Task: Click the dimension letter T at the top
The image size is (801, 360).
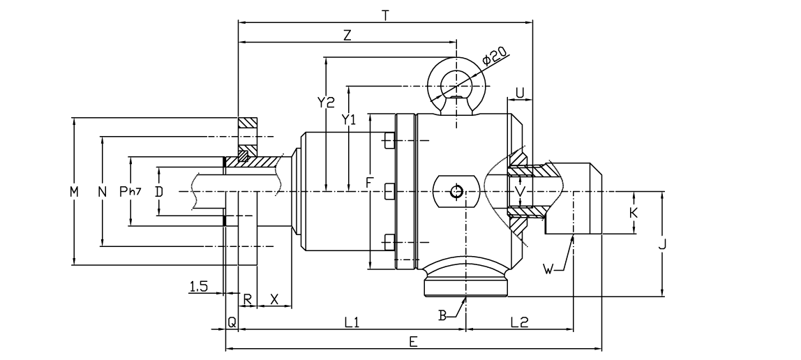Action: click(386, 14)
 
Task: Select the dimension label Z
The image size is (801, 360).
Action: click(347, 36)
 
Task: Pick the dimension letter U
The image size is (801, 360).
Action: click(520, 92)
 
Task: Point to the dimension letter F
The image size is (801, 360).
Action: click(370, 183)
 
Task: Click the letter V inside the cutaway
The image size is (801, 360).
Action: click(518, 190)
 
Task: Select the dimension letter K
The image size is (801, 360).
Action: click(634, 212)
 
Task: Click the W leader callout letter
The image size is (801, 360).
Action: click(549, 269)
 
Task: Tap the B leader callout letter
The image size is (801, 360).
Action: click(442, 315)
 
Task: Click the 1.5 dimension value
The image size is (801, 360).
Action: click(197, 285)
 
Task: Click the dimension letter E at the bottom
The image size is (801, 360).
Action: click(413, 341)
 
